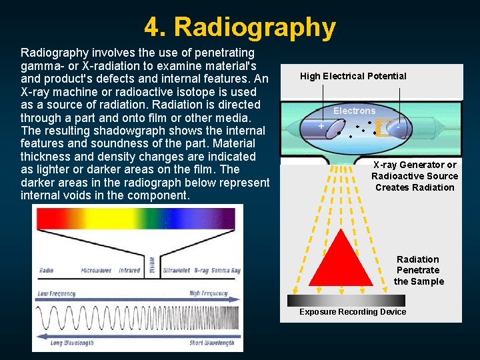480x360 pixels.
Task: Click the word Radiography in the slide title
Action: (255, 27)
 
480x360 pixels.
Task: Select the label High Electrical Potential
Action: (353, 76)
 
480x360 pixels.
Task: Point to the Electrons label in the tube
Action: (354, 111)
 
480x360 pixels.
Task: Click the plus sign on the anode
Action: (321, 126)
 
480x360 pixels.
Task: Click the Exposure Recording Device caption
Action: (352, 312)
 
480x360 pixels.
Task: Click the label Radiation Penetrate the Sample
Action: (418, 270)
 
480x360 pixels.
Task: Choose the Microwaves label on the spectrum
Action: (96, 271)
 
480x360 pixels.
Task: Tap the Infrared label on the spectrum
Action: (129, 271)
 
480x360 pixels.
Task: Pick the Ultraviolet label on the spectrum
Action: (170, 271)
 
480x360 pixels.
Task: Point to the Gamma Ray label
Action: (226, 271)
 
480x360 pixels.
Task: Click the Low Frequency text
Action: (57, 293)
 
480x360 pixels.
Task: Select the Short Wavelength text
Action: (211, 343)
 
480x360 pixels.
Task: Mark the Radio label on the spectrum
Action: (46, 271)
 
